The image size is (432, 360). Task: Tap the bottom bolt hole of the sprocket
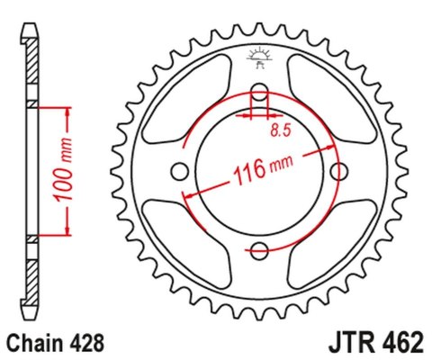259,250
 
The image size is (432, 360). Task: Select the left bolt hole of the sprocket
179,171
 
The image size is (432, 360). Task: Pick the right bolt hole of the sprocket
338,171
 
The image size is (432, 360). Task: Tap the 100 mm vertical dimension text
76,172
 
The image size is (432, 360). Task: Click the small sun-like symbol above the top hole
259,53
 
